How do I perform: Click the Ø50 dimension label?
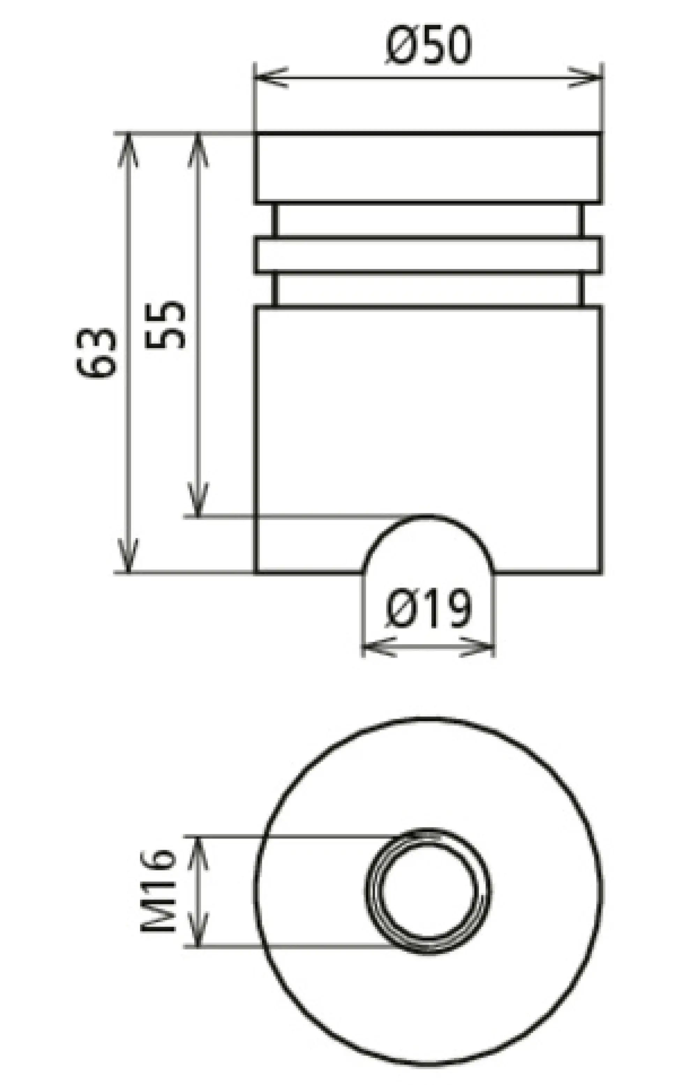click(428, 45)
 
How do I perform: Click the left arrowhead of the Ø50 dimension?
click(270, 78)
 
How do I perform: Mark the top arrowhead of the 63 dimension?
click(128, 149)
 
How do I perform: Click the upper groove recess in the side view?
click(428, 220)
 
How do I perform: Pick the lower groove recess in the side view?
click(428, 289)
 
